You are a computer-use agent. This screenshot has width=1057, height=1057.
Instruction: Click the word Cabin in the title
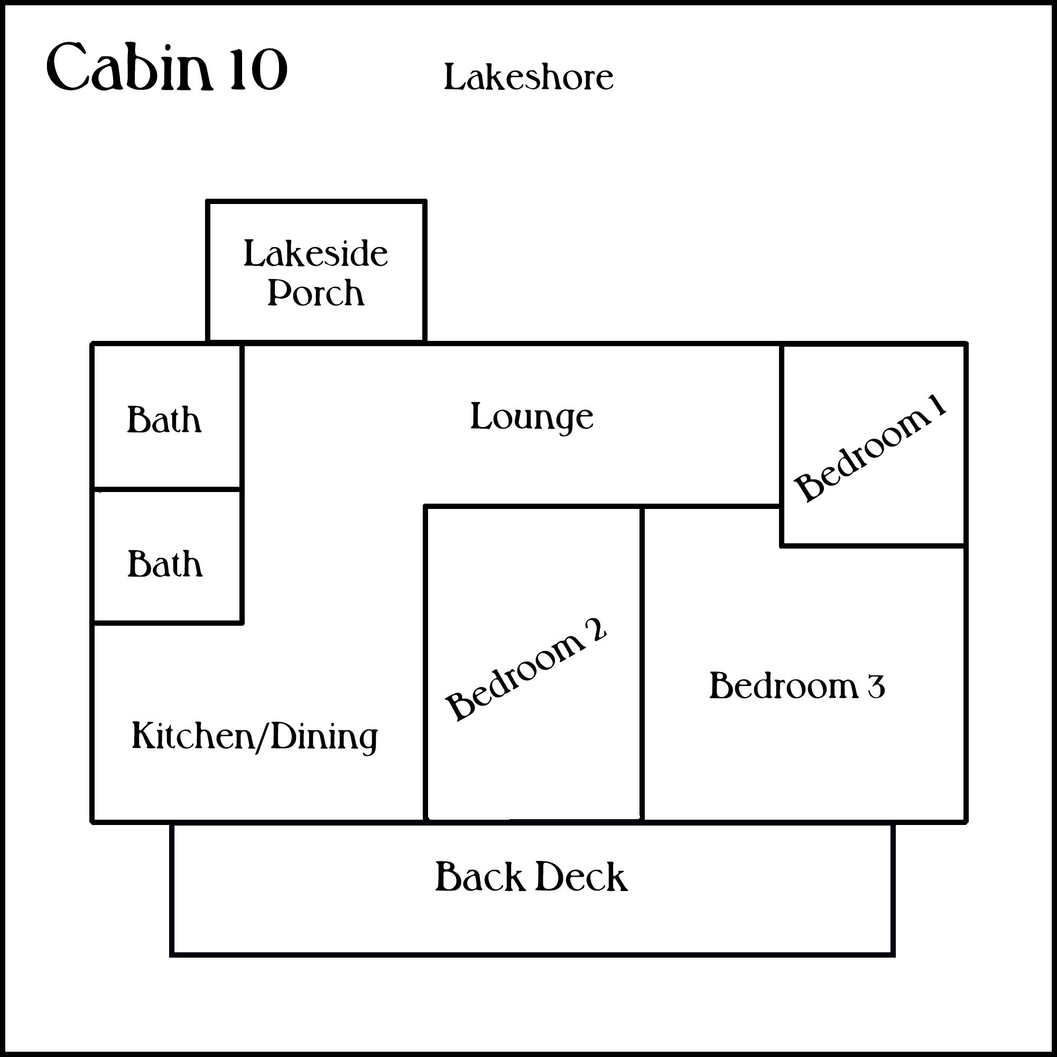(x=129, y=68)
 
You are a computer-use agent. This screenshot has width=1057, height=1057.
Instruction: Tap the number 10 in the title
(x=258, y=69)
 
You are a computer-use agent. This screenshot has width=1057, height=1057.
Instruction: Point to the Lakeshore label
(x=528, y=78)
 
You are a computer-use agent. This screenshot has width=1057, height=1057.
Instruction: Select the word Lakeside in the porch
(x=315, y=254)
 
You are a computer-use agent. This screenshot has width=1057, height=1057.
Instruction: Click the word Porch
(x=316, y=293)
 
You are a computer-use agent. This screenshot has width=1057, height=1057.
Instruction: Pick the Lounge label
(x=531, y=417)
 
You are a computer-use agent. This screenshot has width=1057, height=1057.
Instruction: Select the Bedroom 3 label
(x=796, y=686)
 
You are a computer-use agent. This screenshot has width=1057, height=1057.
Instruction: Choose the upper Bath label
(x=164, y=420)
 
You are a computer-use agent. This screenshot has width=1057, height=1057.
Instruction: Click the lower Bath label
(x=165, y=564)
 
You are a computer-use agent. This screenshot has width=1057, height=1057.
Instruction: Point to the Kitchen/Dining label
(x=255, y=736)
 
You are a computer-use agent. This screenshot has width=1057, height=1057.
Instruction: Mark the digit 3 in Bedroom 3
(x=876, y=687)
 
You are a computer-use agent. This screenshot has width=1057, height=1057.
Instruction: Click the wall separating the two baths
(x=167, y=488)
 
